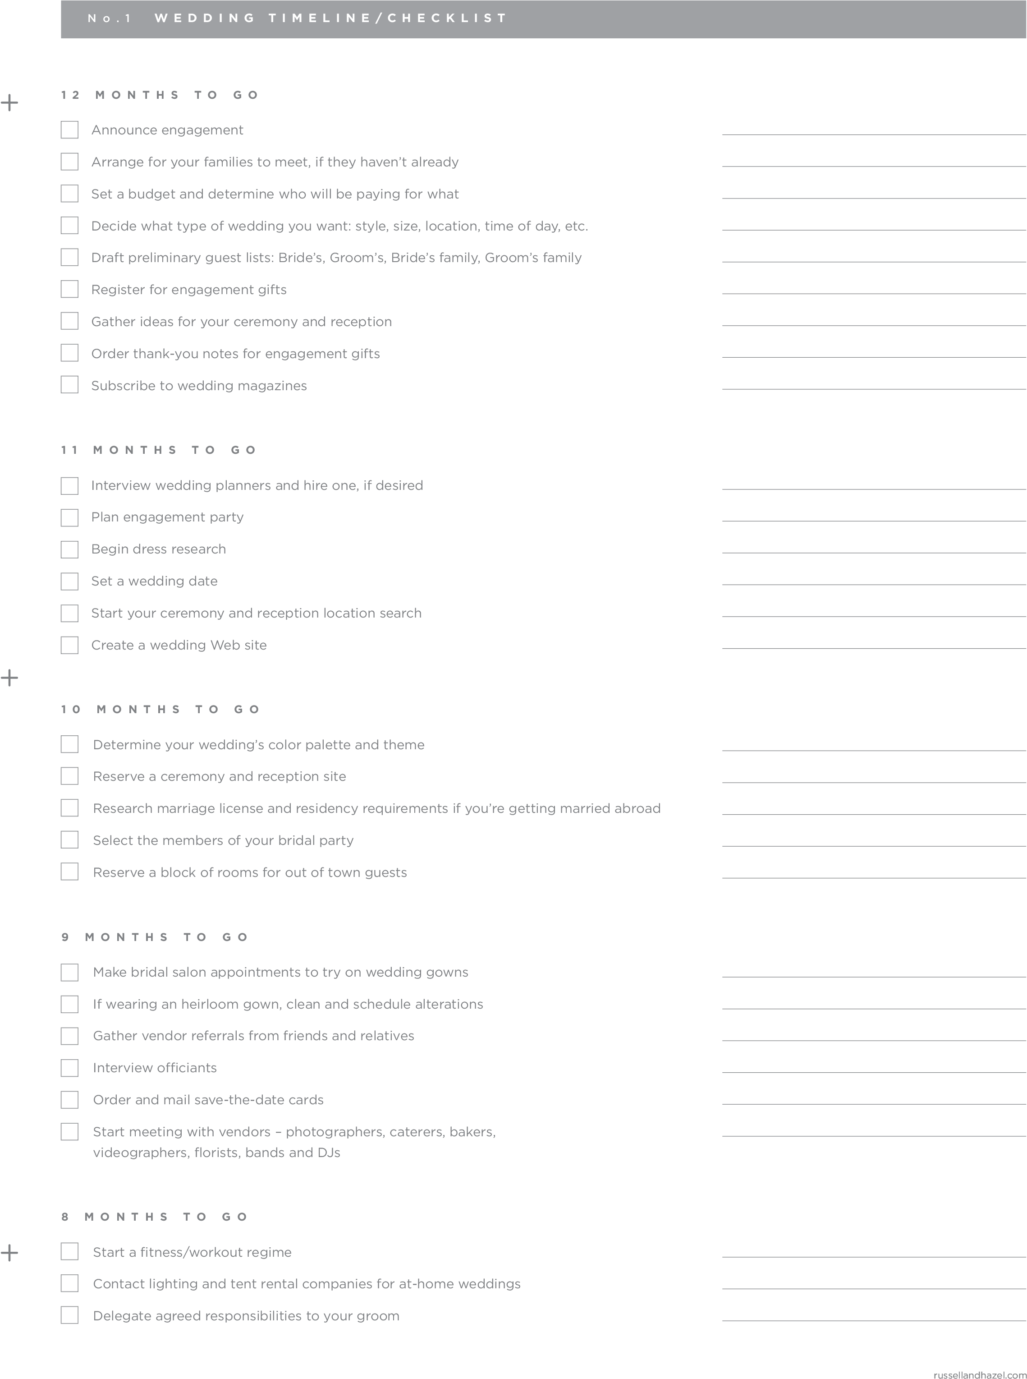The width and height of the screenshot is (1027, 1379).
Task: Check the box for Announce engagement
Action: pyautogui.click(x=69, y=130)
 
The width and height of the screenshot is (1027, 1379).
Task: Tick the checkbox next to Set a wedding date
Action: pyautogui.click(x=69, y=581)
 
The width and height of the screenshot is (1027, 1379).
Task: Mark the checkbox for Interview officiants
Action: pyautogui.click(x=69, y=1068)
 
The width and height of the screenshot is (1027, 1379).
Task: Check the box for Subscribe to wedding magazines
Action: pyautogui.click(x=69, y=385)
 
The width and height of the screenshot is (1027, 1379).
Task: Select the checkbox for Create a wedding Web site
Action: pyautogui.click(x=69, y=646)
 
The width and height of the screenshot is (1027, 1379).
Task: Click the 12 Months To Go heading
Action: pyautogui.click(x=160, y=95)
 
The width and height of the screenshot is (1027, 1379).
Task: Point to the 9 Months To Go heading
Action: pyautogui.click(x=155, y=937)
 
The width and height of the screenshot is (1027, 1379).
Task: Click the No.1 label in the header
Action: pyautogui.click(x=110, y=18)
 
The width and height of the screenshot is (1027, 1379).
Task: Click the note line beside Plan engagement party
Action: pyautogui.click(x=873, y=521)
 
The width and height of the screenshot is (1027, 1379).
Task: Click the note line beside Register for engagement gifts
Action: pyautogui.click(x=873, y=294)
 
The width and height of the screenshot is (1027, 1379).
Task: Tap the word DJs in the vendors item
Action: pyautogui.click(x=329, y=1153)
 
